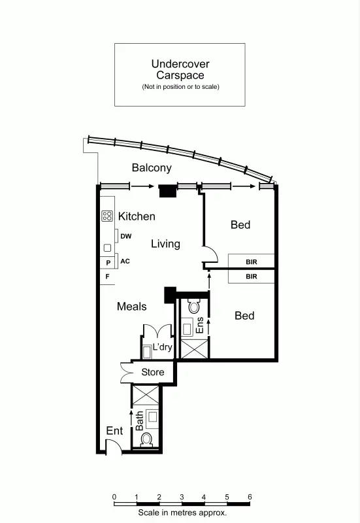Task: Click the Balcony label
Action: tap(152, 168)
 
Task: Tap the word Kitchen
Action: tap(137, 216)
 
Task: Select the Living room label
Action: tap(165, 244)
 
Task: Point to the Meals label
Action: tap(131, 306)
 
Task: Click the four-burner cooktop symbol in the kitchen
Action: tap(107, 216)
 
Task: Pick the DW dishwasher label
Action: tap(126, 237)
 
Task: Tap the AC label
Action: tap(125, 261)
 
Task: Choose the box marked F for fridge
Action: tap(107, 277)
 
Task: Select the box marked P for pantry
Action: tap(107, 263)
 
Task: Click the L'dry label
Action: tap(162, 348)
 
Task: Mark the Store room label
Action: tap(153, 373)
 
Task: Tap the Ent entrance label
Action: tap(114, 431)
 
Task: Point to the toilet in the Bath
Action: tap(146, 439)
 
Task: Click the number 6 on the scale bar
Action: tap(249, 497)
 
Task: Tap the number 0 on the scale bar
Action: tap(114, 497)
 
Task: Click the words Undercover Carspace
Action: tap(180, 69)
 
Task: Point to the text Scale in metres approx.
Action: tap(182, 513)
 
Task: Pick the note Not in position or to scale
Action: tap(180, 86)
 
